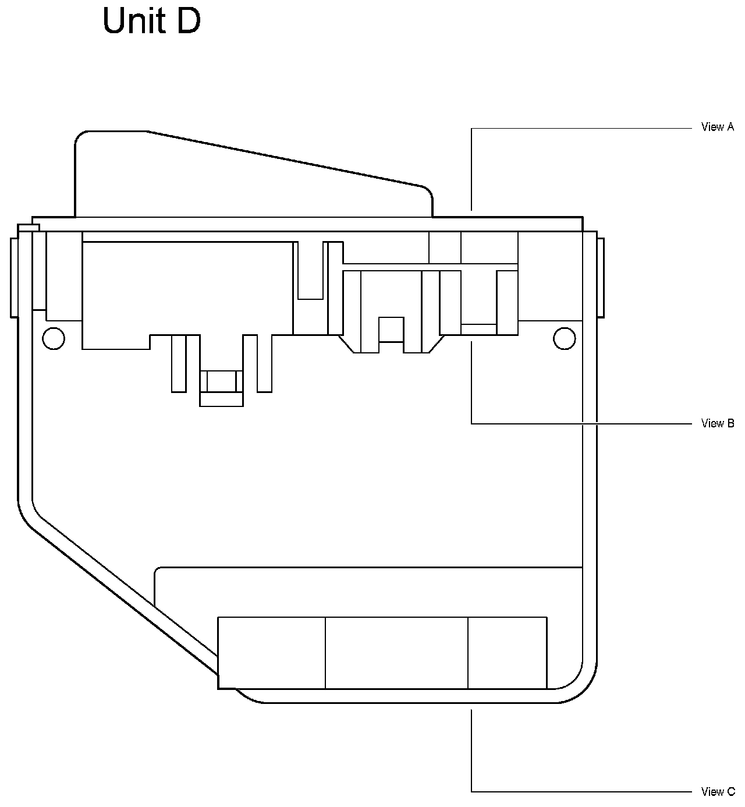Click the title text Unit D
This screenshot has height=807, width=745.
click(151, 22)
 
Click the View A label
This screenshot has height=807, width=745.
click(717, 127)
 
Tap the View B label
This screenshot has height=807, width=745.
click(717, 423)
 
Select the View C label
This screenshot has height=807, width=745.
click(718, 791)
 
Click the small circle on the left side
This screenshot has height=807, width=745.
click(54, 338)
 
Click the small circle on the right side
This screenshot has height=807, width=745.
click(564, 338)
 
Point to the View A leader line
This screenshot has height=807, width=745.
click(582, 128)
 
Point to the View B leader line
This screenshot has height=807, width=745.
click(582, 423)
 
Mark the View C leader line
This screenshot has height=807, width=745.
click(582, 791)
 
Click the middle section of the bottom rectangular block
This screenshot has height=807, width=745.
click(396, 653)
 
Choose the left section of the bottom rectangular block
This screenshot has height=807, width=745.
click(271, 653)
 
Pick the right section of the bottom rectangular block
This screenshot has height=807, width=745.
click(508, 653)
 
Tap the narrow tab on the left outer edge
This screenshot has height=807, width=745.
click(14, 277)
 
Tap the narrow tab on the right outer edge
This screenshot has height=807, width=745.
click(601, 277)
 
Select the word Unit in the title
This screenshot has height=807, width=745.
click(131, 22)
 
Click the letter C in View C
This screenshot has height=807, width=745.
click(730, 791)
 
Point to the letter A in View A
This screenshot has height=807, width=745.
click(730, 127)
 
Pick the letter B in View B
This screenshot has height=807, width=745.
click(730, 423)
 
